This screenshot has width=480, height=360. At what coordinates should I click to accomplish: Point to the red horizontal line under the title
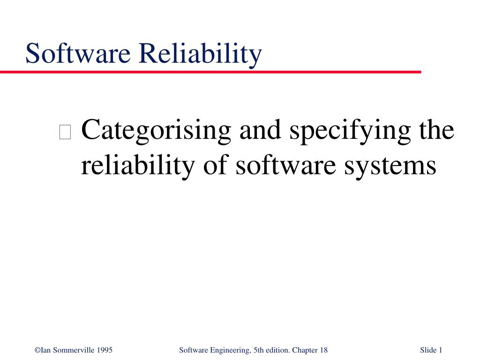[x=211, y=72]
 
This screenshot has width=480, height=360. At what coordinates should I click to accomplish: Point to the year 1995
[x=104, y=350]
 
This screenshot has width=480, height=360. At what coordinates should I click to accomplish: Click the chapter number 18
[x=323, y=350]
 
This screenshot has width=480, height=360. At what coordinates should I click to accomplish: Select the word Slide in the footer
[x=428, y=350]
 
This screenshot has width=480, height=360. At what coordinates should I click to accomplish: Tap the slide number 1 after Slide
[x=441, y=350]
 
